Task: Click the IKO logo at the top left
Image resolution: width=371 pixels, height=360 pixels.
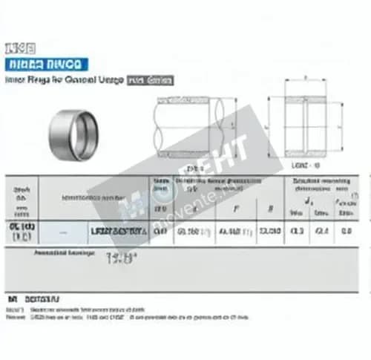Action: [16, 48]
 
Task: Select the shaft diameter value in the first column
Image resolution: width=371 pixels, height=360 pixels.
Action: [20, 231]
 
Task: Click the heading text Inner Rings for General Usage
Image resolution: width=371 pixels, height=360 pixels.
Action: [64, 79]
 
